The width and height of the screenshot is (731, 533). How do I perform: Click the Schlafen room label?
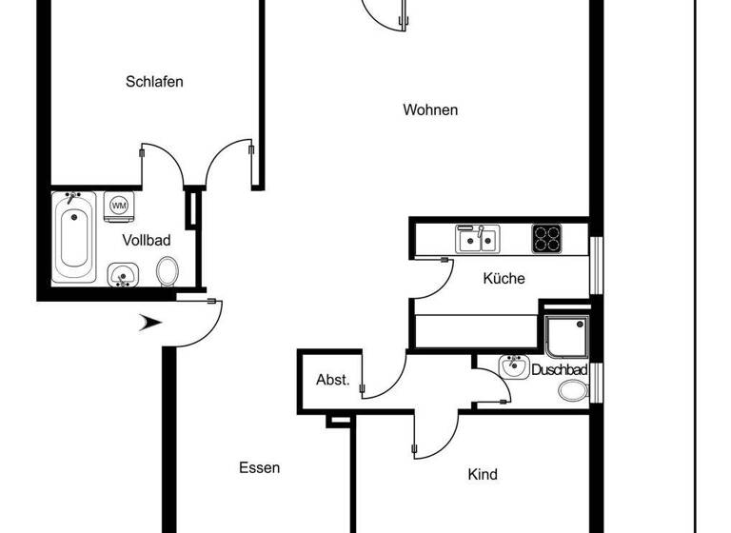click(x=154, y=82)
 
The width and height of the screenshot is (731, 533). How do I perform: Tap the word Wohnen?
click(x=430, y=110)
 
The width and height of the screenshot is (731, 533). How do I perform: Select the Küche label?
click(x=504, y=279)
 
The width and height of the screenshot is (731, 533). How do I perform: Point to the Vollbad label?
click(x=147, y=241)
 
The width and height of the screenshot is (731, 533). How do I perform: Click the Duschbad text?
click(x=559, y=369)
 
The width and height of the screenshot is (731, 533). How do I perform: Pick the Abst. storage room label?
click(x=333, y=381)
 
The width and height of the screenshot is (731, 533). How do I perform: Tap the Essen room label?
click(x=259, y=467)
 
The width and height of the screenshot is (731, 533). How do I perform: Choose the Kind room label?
click(x=483, y=474)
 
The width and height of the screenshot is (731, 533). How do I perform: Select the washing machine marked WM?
click(x=119, y=206)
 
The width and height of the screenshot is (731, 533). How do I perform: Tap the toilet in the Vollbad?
click(x=168, y=271)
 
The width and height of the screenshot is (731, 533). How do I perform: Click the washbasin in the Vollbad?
click(x=121, y=276)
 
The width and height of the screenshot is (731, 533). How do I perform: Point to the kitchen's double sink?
click(x=476, y=239)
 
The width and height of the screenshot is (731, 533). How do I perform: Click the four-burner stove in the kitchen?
click(x=546, y=238)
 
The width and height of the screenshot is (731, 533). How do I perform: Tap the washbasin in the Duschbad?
click(x=514, y=367)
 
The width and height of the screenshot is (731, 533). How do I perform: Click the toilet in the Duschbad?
click(x=573, y=390)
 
